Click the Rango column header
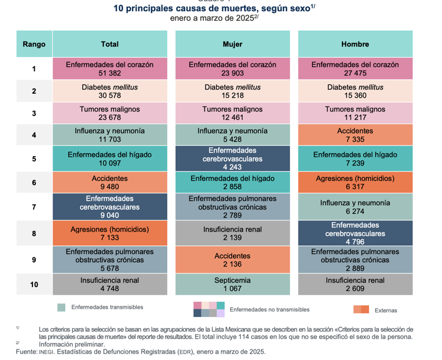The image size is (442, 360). click(34, 44)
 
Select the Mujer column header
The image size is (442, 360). click(232, 44)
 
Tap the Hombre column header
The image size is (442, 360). click(355, 44)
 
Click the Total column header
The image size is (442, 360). click(110, 44)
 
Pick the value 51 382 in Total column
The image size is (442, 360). click(110, 73)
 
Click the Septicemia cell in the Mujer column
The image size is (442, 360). click(232, 285)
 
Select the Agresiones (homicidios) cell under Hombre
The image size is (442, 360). click(355, 183)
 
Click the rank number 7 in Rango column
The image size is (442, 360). click(34, 207)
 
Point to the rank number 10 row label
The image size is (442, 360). click(34, 285)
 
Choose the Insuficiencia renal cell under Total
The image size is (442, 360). click(110, 285)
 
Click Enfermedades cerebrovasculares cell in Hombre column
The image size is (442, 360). click(355, 233)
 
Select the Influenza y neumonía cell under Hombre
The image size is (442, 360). click(355, 207)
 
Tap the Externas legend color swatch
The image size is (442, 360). click(361, 310)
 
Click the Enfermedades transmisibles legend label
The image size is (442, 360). click(107, 307)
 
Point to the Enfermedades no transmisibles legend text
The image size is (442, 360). click(269, 309)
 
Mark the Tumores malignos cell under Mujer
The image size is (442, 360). click(232, 114)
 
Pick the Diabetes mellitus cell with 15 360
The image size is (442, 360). click(355, 91)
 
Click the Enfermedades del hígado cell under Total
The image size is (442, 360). click(110, 159)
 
